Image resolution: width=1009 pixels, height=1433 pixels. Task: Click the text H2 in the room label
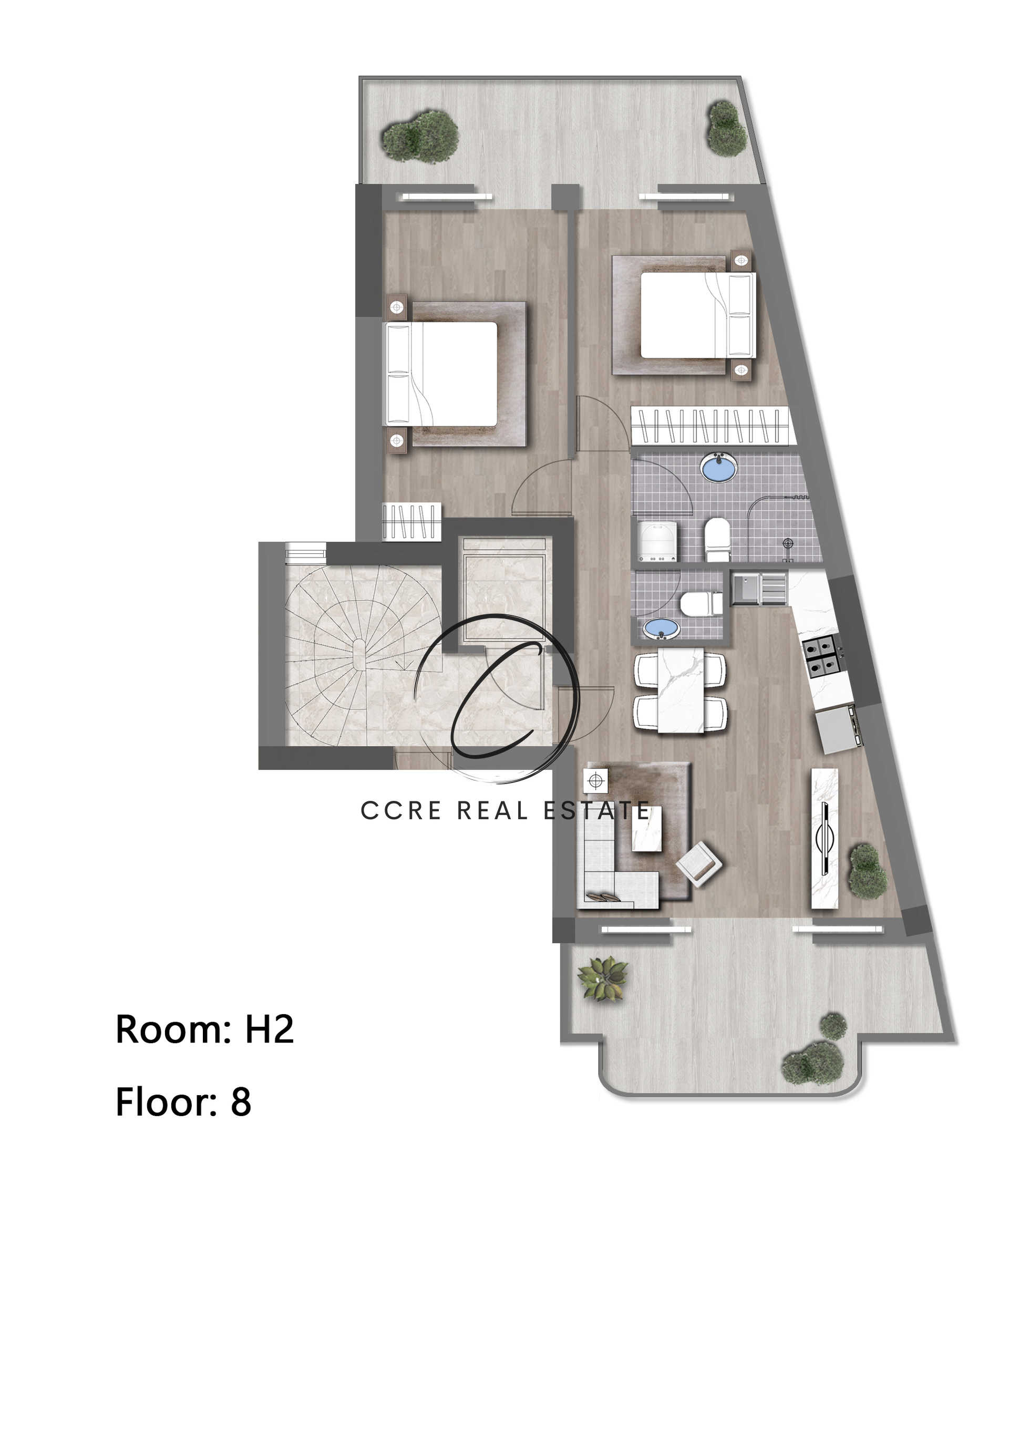click(269, 1029)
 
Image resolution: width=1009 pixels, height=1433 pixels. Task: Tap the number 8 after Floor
click(241, 1102)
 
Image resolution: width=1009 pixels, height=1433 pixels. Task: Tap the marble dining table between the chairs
click(681, 689)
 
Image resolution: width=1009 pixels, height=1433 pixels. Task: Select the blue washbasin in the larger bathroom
click(719, 468)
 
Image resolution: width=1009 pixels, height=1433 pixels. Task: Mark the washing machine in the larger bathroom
click(657, 541)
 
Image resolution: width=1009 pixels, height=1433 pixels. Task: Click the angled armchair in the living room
click(699, 864)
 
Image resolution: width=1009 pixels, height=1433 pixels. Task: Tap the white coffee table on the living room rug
click(647, 828)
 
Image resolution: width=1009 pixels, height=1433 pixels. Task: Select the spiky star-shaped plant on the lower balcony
click(602, 978)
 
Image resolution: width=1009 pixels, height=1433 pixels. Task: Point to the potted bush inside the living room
click(867, 871)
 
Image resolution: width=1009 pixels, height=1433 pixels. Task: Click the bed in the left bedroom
click(443, 373)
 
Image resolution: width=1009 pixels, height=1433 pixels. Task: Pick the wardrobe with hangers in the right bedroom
click(710, 425)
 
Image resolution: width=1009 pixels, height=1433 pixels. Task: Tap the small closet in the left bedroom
click(411, 521)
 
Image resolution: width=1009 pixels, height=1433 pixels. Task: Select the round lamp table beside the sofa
click(596, 780)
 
